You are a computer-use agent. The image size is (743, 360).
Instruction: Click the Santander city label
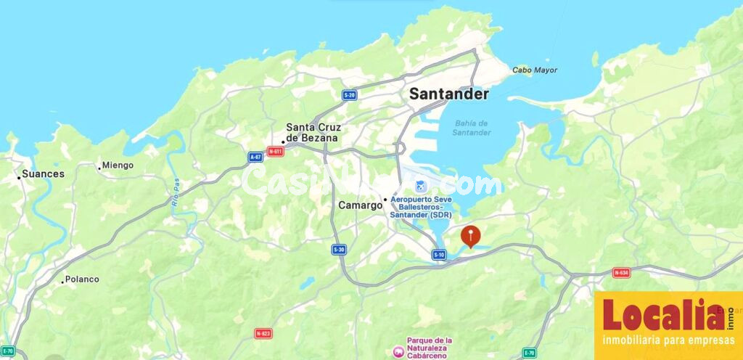tap(448, 94)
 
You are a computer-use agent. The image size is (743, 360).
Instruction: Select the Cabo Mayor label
tap(535, 70)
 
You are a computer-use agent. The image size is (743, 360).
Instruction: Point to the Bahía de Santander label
tap(471, 128)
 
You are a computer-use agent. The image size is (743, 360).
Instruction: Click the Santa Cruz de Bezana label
tap(312, 132)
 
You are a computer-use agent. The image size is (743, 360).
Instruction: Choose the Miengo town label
tap(118, 165)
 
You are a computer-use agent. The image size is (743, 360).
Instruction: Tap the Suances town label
tap(43, 174)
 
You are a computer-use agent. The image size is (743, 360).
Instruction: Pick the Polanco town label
tap(82, 279)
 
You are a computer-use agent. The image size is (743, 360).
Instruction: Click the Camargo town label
tap(360, 205)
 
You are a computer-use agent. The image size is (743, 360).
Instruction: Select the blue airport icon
tap(398, 188)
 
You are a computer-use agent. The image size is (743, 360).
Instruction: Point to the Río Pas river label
tap(175, 194)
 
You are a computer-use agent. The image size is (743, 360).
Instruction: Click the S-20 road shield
tap(350, 95)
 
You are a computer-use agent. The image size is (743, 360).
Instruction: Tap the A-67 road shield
tap(255, 157)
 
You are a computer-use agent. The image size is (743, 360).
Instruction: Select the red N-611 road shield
tap(275, 152)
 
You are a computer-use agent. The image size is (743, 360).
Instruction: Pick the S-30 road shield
tap(339, 250)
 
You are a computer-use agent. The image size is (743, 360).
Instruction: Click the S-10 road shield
tap(439, 254)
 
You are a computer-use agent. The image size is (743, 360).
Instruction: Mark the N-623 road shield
tap(263, 333)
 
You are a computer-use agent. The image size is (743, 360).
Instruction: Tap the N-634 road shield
tap(621, 273)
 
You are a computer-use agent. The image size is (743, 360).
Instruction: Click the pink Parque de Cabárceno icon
tap(398, 351)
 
